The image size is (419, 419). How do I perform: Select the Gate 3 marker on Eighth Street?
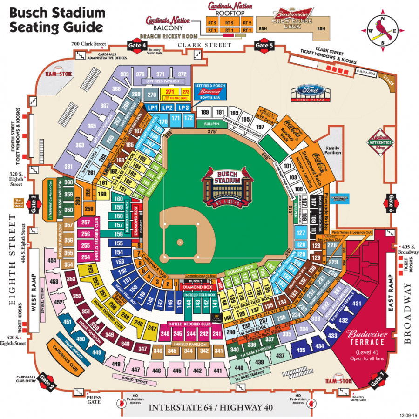34,204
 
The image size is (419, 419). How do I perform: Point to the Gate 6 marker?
390,203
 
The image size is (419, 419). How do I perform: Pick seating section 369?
124,74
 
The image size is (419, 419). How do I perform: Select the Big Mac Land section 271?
169,93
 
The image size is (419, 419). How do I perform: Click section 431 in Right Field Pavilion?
357,304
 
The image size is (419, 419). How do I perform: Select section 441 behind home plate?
217,371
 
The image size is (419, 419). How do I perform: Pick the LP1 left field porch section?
153,107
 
